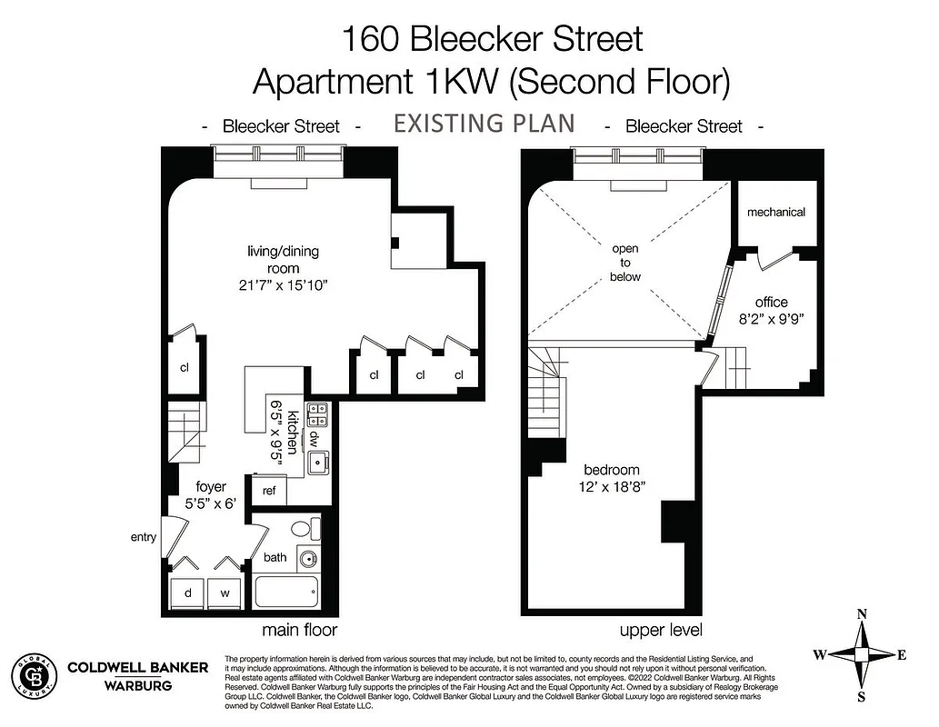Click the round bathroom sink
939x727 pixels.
coord(310,560)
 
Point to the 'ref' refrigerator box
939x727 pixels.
coord(269,491)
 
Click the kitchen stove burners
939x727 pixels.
coord(317,414)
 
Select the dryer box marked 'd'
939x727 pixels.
coord(187,593)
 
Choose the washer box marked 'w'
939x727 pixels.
coord(224,593)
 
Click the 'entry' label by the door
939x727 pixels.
coord(143,537)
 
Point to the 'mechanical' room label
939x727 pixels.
coord(775,212)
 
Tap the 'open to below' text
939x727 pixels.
coord(625,263)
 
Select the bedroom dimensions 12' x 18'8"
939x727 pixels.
coord(612,486)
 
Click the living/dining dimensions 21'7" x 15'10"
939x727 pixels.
coord(283,284)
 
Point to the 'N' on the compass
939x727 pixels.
coord(863,615)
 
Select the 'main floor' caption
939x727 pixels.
coord(299,630)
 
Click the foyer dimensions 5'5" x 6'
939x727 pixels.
coord(207,502)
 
